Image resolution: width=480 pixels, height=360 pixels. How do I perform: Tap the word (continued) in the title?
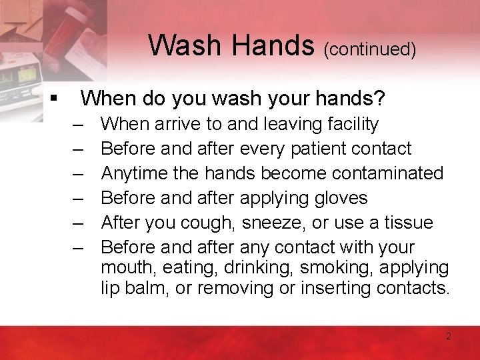click(370, 49)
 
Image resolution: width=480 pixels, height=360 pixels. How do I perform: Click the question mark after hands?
click(380, 99)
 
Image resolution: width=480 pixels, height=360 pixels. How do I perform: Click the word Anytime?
click(135, 173)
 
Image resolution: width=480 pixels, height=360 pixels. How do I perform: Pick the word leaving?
click(292, 124)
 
